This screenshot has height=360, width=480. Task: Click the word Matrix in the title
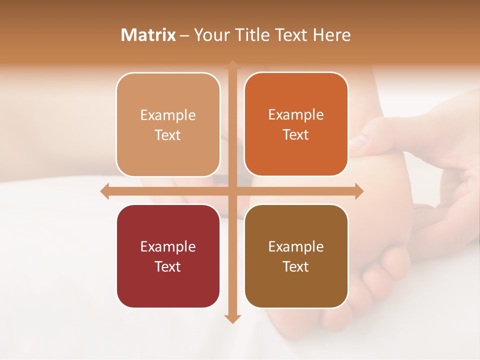[148, 35]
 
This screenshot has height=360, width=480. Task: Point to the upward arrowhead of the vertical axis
[232, 65]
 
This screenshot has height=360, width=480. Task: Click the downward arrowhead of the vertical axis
[232, 318]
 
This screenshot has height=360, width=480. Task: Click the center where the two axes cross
[232, 191]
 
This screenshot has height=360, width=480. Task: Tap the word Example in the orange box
[296, 114]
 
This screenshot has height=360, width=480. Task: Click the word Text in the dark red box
[167, 266]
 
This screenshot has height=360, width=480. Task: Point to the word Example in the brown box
[296, 246]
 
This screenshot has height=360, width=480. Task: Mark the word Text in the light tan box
[167, 135]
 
